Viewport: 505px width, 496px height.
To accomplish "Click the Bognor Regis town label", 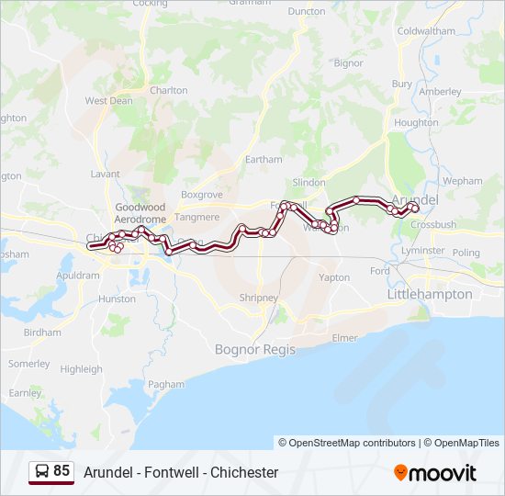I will click(252, 349).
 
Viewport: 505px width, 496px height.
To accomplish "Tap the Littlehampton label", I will click(430, 294).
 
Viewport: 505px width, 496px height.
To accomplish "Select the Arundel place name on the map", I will click(415, 199).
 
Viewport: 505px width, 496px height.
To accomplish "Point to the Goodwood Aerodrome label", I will click(140, 214).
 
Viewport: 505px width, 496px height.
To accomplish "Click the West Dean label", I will click(108, 101).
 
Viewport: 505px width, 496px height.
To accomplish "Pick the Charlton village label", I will click(168, 91).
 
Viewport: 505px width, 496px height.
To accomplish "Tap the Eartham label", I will click(264, 159).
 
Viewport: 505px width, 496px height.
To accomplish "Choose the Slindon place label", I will click(309, 183).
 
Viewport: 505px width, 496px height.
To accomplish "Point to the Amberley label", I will click(440, 92).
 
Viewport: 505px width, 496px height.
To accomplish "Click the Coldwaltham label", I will click(426, 30).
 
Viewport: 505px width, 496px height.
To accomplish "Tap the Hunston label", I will click(117, 299).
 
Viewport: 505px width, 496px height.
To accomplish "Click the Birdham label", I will click(42, 333).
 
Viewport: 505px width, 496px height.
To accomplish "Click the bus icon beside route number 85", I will click(42, 471).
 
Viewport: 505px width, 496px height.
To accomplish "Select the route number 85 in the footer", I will click(62, 470).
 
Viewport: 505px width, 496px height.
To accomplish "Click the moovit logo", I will click(435, 473).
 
